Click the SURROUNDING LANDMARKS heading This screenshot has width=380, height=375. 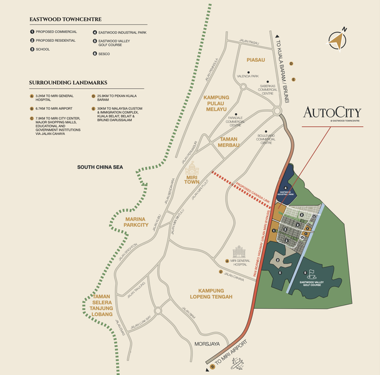pos(67,82)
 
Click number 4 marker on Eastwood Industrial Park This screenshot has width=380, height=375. pos(286,187)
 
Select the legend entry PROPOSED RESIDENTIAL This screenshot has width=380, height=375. pos(57,39)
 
